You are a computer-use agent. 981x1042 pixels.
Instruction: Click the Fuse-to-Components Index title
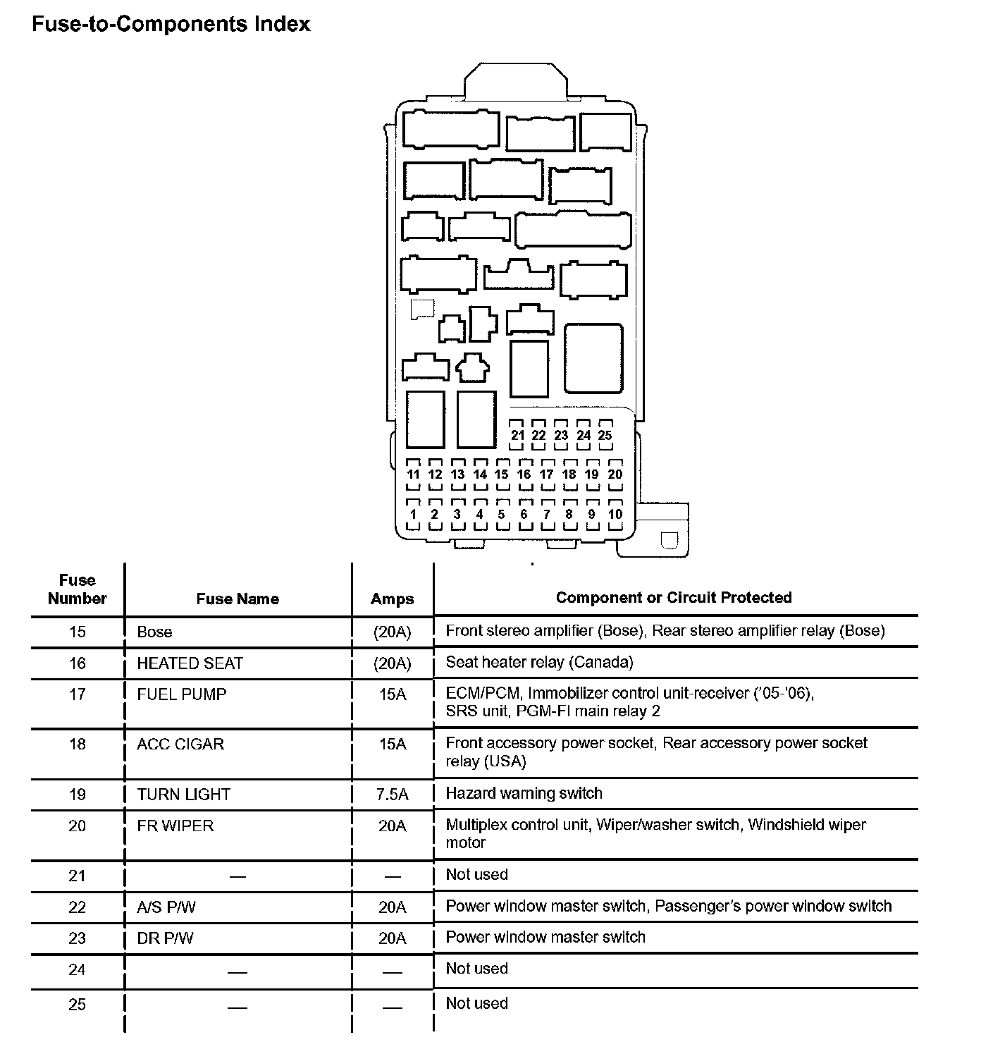[171, 24]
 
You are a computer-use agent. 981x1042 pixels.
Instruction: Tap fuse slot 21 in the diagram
[518, 435]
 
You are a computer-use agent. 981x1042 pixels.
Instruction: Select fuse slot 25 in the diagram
[605, 435]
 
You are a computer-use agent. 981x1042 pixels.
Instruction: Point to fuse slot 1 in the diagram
[413, 514]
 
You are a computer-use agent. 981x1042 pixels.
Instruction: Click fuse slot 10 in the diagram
[615, 514]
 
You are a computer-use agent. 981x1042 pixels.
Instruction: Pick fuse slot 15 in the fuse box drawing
[502, 474]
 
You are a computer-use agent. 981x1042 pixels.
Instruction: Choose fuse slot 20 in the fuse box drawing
[615, 474]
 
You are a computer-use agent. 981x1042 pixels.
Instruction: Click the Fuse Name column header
[237, 599]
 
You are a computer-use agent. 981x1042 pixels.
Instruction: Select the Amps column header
[393, 599]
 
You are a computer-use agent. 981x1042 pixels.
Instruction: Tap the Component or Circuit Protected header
[674, 598]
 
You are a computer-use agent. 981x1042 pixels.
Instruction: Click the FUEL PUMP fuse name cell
[182, 694]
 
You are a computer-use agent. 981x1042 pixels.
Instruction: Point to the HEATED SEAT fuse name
[190, 663]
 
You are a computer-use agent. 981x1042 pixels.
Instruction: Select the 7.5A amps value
[393, 795]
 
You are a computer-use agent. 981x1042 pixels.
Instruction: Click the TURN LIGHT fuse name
[183, 795]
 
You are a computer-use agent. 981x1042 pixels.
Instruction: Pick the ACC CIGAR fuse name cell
[180, 744]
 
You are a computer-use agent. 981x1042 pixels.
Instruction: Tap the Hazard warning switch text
[524, 793]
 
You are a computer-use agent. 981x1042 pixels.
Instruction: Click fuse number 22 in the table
[78, 907]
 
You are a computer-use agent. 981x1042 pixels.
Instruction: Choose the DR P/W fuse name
[165, 938]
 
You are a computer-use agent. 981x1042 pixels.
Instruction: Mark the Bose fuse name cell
[154, 632]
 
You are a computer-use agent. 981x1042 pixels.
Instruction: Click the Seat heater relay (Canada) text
[539, 662]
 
